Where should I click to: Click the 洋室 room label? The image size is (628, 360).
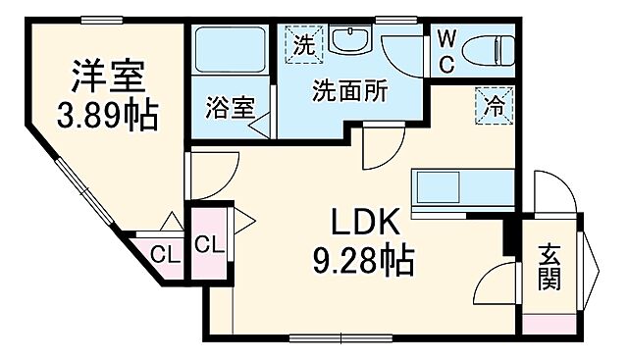108,76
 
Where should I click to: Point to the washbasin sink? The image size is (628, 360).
348,41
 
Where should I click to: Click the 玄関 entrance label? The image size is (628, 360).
549,269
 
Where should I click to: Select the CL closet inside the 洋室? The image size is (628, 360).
165,256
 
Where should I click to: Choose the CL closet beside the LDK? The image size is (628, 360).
209,244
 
